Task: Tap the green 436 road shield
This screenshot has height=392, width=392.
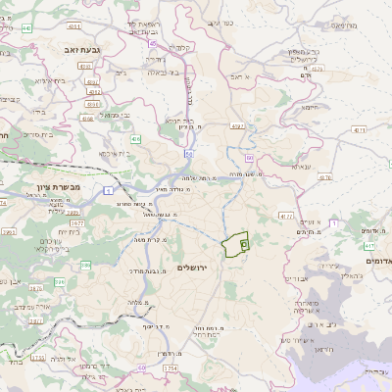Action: click(x=135, y=140)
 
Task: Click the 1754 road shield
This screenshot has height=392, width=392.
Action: click(x=171, y=367)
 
